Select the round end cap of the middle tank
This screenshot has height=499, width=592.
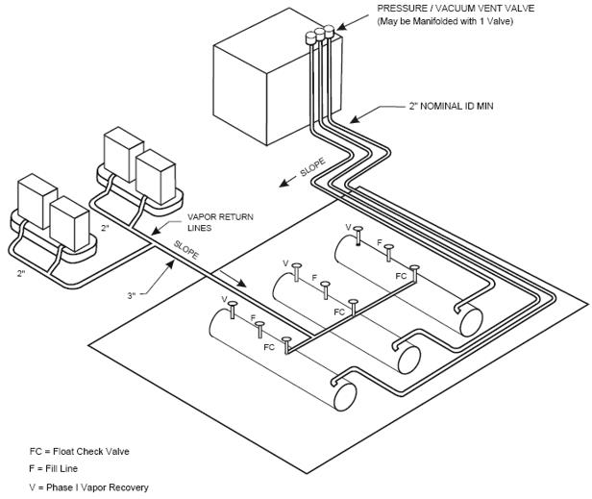pyautogui.click(x=408, y=357)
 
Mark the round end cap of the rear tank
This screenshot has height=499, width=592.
pyautogui.click(x=471, y=320)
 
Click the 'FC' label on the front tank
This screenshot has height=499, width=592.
pyautogui.click(x=269, y=347)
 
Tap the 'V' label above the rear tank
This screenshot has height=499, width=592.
pyautogui.click(x=349, y=227)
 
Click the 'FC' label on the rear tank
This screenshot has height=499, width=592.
pyautogui.click(x=401, y=274)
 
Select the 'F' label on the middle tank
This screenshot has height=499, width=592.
pyautogui.click(x=314, y=278)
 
